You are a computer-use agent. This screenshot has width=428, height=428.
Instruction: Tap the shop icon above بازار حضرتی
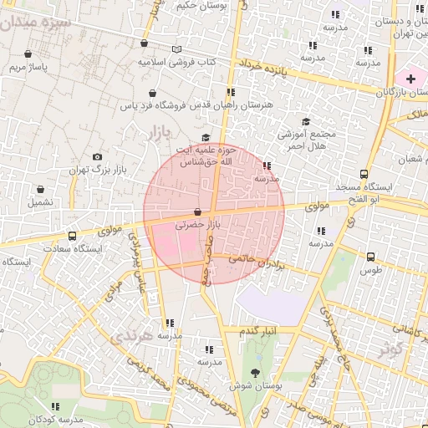click(197, 212)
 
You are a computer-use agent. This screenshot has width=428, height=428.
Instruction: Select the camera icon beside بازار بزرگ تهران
click(98, 156)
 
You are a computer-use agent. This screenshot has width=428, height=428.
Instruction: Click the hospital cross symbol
click(410, 78)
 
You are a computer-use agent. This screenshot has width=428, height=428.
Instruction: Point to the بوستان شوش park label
click(252, 387)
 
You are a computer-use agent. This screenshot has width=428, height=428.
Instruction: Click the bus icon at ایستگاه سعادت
click(72, 236)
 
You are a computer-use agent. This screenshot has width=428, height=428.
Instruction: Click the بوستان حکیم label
click(201, 7)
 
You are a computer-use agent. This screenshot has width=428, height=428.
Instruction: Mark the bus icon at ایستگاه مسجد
click(363, 174)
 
